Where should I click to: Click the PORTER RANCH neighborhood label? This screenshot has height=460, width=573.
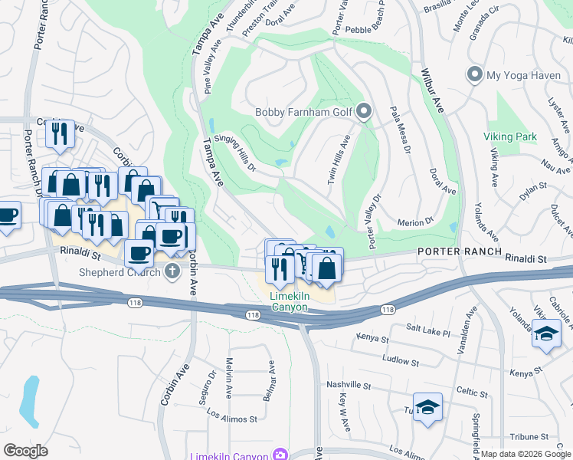pyautogui.click(x=460, y=251)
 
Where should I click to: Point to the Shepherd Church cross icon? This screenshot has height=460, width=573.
pyautogui.click(x=172, y=271)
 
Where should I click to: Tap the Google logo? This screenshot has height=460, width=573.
pyautogui.click(x=26, y=451)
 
